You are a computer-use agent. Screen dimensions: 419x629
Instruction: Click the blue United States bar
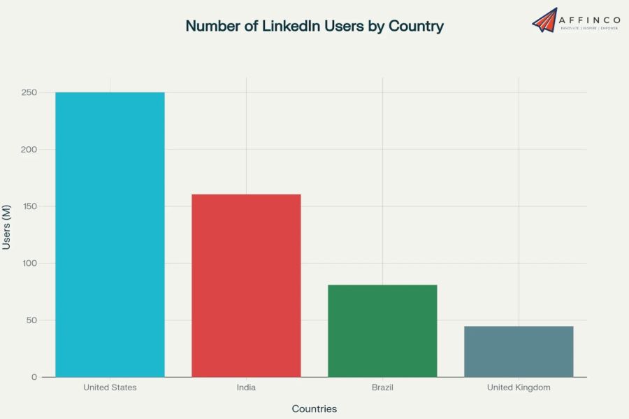[110, 234]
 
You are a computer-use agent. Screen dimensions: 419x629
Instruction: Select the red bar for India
[246, 285]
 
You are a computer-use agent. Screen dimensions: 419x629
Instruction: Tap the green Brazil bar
[382, 330]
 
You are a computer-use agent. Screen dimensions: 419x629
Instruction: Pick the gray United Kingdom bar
[519, 351]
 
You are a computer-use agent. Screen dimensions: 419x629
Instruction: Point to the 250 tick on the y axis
[29, 92]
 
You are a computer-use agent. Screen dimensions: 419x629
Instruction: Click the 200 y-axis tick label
[29, 150]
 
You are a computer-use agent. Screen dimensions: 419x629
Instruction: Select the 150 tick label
[29, 206]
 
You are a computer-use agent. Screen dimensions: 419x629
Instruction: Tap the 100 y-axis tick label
[29, 264]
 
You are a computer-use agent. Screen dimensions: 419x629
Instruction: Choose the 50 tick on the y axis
[31, 320]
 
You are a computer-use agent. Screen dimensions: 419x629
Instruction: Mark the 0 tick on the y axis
[34, 377]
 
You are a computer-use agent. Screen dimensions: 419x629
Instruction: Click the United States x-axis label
[110, 388]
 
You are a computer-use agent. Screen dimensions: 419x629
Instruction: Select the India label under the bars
[246, 388]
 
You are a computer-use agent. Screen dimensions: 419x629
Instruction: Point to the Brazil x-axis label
[382, 388]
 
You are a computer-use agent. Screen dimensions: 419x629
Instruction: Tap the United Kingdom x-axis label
[519, 388]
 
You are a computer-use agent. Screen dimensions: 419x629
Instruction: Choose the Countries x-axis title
[314, 409]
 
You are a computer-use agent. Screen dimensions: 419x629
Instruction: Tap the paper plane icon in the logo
[544, 20]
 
